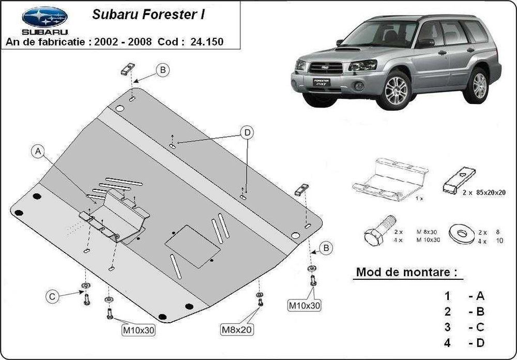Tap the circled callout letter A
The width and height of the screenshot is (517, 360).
click(37, 152)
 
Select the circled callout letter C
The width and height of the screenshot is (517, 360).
click(52, 296)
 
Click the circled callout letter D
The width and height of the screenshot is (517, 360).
click(247, 133)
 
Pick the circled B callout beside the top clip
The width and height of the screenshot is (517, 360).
click(163, 70)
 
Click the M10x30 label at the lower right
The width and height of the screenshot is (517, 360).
click(304, 306)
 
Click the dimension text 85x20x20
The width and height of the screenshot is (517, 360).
click(489, 192)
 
